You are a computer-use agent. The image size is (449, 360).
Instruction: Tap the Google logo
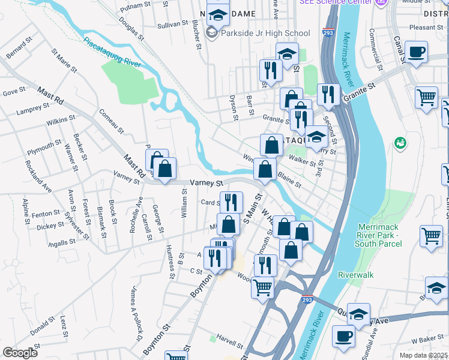point(20,352)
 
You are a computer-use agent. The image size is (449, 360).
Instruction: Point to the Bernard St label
point(18,49)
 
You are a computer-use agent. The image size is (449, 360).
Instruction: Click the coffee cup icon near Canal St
point(416,52)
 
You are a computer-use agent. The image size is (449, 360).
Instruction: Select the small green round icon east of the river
point(400,143)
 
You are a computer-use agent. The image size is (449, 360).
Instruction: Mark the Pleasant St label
point(425,27)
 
